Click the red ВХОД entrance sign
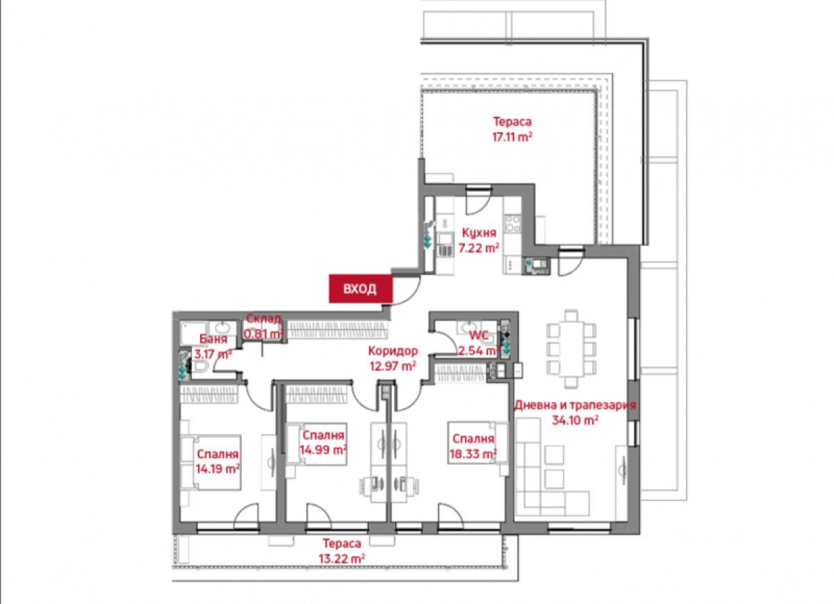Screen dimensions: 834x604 pos(361,288)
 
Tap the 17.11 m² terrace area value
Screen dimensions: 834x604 pos(512,137)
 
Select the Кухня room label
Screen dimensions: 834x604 pos(479,233)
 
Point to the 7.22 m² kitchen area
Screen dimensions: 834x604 pos(479,248)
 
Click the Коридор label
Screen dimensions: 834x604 pos(393,351)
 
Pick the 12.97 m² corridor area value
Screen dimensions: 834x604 pos(393,366)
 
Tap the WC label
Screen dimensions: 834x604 pos(479,336)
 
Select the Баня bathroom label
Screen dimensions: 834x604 pos(213,339)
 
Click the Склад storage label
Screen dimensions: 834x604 pos(264,319)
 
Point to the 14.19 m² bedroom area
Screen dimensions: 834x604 pos(218,469)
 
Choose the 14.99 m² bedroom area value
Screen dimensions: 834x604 pos(324,450)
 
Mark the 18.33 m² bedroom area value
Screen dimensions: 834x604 pos(473,454)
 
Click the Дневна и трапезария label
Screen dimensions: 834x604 pos(575,405)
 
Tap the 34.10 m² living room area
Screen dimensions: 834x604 pos(575,421)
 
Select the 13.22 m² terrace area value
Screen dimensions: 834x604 pos(342,559)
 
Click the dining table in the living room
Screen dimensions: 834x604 pos(571,349)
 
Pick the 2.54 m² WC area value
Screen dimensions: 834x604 pos(479,351)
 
